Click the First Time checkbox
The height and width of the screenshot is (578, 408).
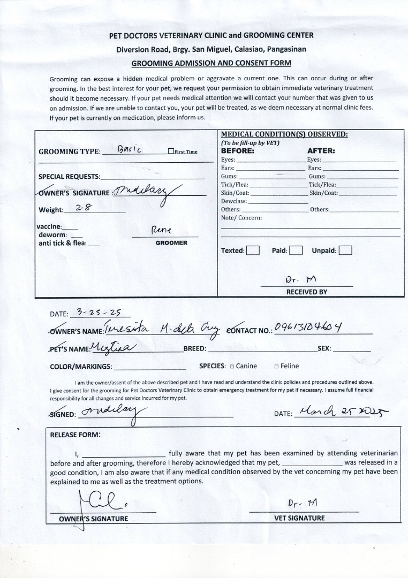(x=170, y=151)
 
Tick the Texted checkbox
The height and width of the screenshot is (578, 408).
(x=253, y=250)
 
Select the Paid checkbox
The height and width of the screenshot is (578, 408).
(x=296, y=250)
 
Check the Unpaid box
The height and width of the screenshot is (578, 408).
(x=345, y=250)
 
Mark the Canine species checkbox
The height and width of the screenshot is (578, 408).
(x=232, y=367)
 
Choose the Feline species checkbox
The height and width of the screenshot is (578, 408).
(x=276, y=367)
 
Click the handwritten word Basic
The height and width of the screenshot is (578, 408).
(x=129, y=149)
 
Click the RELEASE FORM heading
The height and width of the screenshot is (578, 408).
(x=75, y=435)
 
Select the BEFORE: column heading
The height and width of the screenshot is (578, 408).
(x=237, y=151)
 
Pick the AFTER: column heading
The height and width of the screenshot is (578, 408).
(x=321, y=151)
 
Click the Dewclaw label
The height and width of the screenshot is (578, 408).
(x=233, y=201)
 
